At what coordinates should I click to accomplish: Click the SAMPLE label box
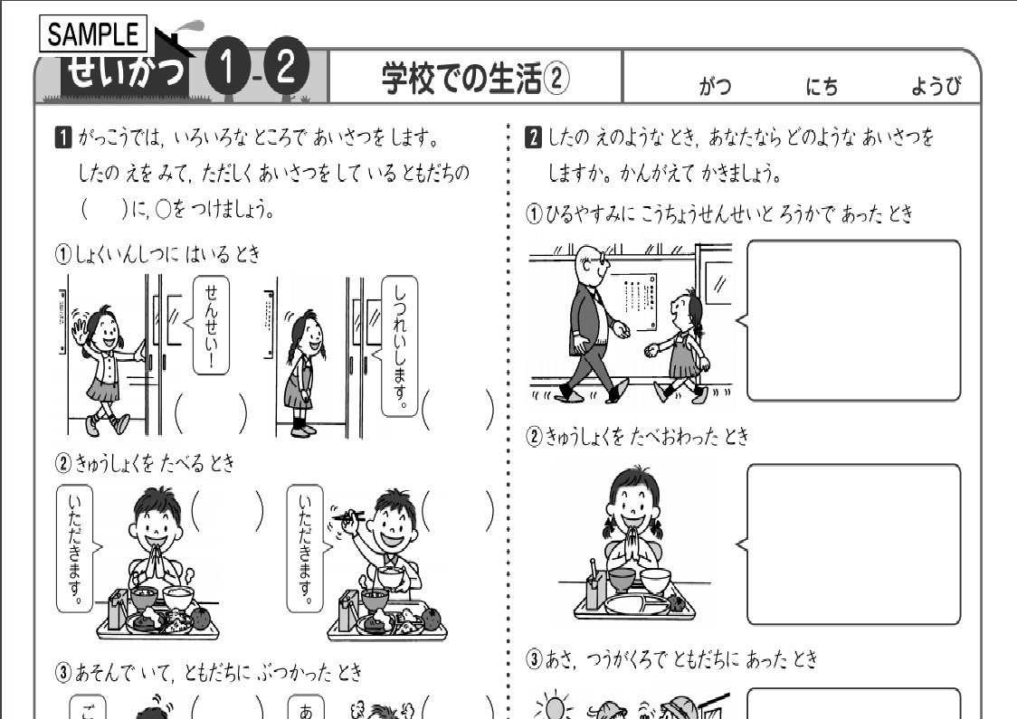[93, 34]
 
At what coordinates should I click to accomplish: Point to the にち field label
[822, 87]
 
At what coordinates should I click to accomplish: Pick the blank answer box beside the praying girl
[853, 543]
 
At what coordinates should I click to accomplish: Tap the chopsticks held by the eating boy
[353, 517]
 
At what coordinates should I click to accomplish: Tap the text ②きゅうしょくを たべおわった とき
[639, 438]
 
